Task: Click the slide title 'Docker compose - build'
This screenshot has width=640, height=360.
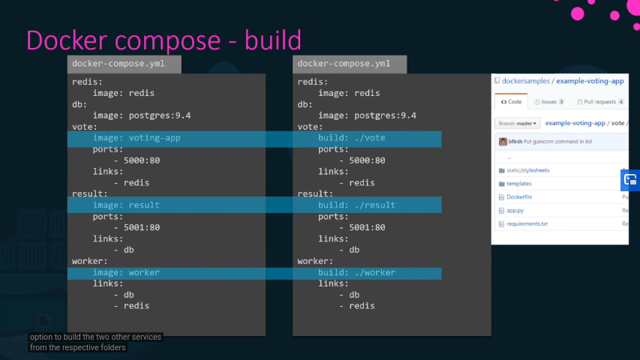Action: coord(164,40)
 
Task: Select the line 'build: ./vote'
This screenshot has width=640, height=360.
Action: coord(352,138)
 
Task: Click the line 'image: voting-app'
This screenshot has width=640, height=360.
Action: coord(137,138)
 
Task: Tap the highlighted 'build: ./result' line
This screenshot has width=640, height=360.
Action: coord(356,205)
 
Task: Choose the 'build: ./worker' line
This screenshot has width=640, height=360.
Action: coord(356,272)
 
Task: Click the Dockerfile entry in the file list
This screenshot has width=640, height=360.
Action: coord(518,197)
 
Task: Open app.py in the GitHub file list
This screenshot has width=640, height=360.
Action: coord(515,211)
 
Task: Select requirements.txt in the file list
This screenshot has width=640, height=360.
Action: coord(527,224)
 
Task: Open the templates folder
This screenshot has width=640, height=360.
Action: coord(518,184)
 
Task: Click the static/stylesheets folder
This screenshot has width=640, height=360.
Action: coord(527,170)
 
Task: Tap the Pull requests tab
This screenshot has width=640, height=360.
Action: coord(600,102)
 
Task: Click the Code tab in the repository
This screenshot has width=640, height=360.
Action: coord(511,102)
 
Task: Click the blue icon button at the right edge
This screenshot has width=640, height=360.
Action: coord(630,180)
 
